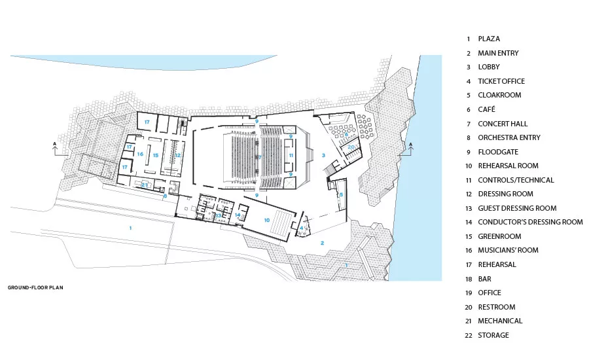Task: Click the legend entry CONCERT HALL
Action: (x=503, y=124)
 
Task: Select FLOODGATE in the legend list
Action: (x=498, y=152)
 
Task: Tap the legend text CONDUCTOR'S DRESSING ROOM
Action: (x=530, y=222)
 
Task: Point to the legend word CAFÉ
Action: (x=486, y=109)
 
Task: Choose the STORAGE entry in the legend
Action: (x=493, y=335)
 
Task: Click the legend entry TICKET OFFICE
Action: (x=501, y=81)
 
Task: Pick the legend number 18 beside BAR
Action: (x=469, y=279)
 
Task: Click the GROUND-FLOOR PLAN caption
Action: (x=35, y=287)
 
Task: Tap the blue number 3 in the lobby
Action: (x=323, y=155)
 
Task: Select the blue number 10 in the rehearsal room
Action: (x=267, y=220)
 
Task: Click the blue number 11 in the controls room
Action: (x=291, y=155)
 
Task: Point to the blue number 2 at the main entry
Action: (x=322, y=243)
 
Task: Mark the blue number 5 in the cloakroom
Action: (x=341, y=194)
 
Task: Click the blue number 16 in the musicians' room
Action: (x=140, y=154)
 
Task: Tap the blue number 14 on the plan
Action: (x=238, y=215)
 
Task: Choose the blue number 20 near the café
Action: (x=351, y=147)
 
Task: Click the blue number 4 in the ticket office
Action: (x=302, y=228)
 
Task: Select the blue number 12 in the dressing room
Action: (x=177, y=155)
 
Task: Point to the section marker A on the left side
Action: (x=55, y=144)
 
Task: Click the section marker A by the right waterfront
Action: (x=410, y=144)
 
